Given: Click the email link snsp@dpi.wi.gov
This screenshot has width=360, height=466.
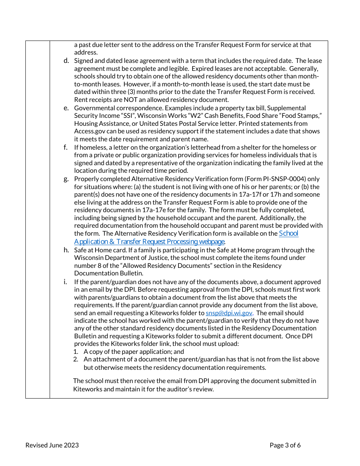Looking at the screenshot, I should [x=229, y=313].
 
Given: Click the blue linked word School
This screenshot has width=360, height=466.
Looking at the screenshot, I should [x=288, y=233].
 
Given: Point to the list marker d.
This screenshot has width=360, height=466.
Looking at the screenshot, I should [x=66, y=61].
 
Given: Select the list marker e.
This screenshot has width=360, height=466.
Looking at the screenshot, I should [x=66, y=108].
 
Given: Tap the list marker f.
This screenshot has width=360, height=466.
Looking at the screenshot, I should [x=66, y=147].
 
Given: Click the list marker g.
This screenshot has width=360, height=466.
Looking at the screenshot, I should [x=66, y=179].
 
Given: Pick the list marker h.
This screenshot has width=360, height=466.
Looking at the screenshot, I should [x=66, y=250].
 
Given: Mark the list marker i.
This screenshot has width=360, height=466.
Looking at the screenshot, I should [x=65, y=282].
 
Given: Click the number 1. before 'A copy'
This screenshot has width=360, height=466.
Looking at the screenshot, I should [x=76, y=352].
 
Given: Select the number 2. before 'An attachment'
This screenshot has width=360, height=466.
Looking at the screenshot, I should [x=76, y=359].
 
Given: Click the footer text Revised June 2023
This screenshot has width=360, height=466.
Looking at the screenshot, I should [x=52, y=445].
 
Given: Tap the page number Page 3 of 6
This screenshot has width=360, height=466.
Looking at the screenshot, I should [x=285, y=445].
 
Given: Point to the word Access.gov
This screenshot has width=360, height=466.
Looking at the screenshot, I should [x=89, y=131].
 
